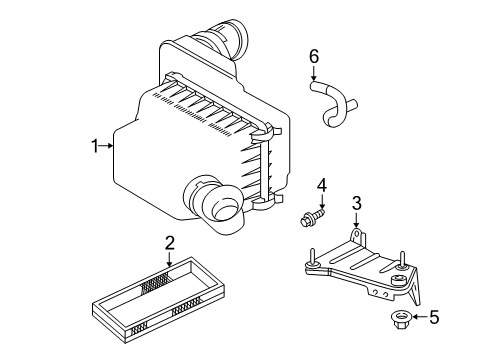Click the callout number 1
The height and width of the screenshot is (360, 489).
coord(95,147)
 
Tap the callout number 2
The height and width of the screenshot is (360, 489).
coord(169,241)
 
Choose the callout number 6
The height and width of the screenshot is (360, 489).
coord(313,57)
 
